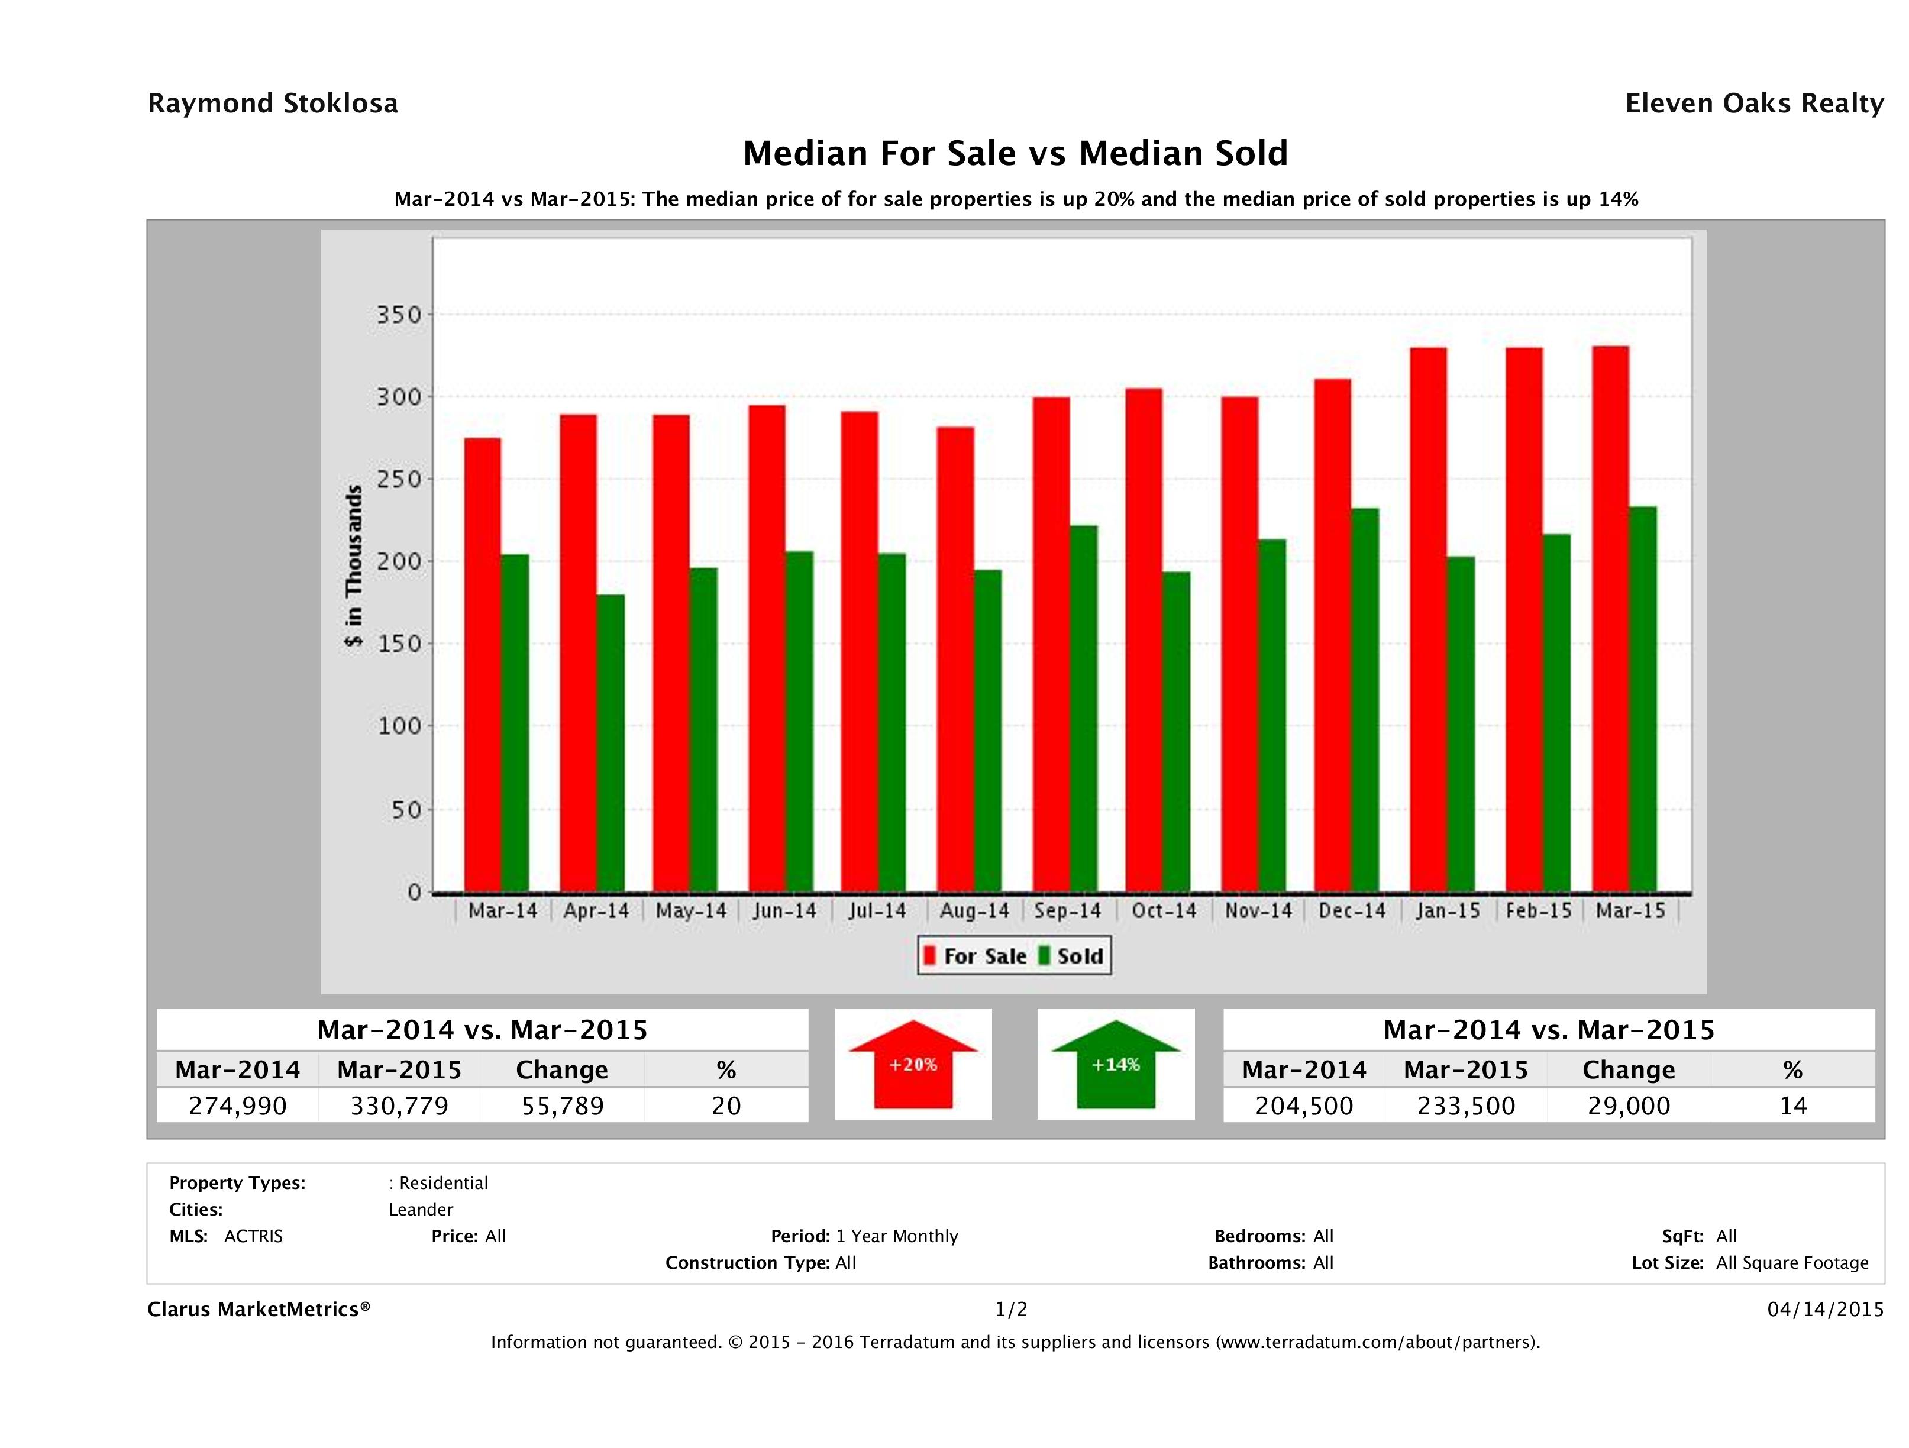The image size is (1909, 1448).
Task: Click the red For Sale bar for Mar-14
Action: click(x=483, y=664)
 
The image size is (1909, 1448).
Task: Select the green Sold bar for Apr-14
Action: click(x=610, y=742)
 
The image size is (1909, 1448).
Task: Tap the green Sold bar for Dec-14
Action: click(x=1364, y=699)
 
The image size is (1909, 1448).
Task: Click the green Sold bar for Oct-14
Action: click(x=1175, y=731)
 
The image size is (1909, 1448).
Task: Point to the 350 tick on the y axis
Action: click(x=399, y=315)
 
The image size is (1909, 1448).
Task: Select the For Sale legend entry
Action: click(x=976, y=956)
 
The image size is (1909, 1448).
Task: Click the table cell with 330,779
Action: click(x=399, y=1106)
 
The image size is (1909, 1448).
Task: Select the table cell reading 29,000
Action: click(x=1629, y=1106)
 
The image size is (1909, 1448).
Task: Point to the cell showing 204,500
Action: click(x=1304, y=1106)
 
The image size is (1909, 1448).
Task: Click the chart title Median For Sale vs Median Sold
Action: click(x=1015, y=154)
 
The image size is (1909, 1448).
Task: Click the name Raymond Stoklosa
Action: click(x=273, y=104)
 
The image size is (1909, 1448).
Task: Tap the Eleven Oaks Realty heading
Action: click(x=1753, y=104)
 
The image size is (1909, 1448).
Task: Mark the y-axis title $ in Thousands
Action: click(x=354, y=565)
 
